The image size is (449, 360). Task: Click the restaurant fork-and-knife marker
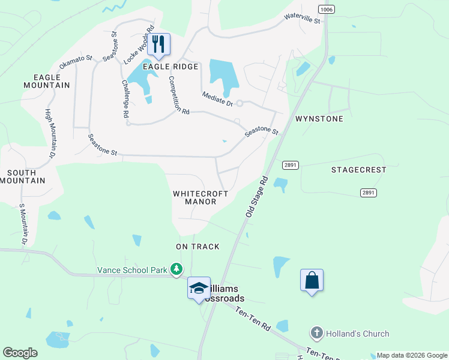click(x=158, y=44)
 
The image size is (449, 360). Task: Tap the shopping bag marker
click(x=312, y=280)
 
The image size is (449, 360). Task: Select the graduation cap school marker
click(x=199, y=288)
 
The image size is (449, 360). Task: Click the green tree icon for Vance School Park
click(x=176, y=269)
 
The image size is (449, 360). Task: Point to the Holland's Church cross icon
click(x=317, y=334)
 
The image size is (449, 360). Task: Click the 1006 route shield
click(x=327, y=9)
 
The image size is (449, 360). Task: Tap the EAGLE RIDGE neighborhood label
click(x=171, y=66)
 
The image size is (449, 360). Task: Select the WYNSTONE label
click(x=319, y=119)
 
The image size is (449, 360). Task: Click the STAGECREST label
click(x=359, y=170)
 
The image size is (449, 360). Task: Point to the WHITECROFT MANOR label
click(x=200, y=198)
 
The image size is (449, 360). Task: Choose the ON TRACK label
click(x=197, y=247)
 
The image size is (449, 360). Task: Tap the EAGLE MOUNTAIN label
click(x=47, y=81)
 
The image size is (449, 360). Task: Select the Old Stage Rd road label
click(x=256, y=197)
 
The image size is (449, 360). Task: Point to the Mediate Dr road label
click(x=217, y=99)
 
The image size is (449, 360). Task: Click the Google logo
click(x=20, y=353)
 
